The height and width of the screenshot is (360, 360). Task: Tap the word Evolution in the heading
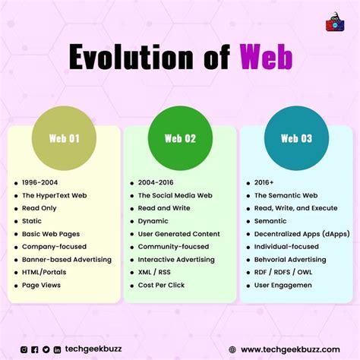[131, 56]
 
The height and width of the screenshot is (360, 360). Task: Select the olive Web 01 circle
[64, 138]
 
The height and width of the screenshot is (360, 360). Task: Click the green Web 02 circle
[180, 138]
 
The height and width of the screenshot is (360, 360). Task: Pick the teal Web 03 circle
[296, 138]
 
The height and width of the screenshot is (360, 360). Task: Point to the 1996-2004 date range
[39, 182]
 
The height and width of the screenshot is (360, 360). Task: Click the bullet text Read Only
[39, 208]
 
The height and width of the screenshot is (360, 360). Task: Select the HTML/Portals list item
[44, 272]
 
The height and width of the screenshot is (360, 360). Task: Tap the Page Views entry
[41, 285]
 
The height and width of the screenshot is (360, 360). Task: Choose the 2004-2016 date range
[156, 182]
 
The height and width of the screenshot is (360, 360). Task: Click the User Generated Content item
[179, 234]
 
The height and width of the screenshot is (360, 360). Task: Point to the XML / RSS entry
[154, 272]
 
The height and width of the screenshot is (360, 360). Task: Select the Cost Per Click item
[161, 285]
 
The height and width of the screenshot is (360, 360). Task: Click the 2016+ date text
[264, 182]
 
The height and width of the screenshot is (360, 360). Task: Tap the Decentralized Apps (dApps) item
[302, 234]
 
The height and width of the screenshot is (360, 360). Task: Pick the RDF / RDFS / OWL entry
[283, 272]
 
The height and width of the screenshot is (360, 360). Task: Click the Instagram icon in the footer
[24, 349]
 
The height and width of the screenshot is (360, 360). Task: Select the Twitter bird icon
[46, 349]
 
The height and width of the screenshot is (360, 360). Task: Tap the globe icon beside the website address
[232, 349]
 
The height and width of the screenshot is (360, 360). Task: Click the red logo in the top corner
[335, 22]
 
